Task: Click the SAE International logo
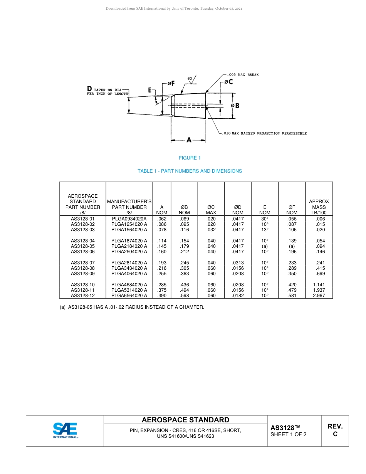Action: (65, 430)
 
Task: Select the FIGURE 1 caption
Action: (190, 158)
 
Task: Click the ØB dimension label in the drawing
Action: (235, 106)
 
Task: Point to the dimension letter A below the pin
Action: (189, 140)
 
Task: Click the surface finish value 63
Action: (190, 78)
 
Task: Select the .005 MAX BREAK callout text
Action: (243, 74)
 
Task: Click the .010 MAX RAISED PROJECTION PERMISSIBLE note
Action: (265, 133)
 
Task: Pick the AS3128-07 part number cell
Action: (83, 263)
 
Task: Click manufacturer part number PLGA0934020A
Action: (129, 219)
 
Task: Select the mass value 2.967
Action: (319, 296)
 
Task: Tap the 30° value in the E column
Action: (265, 219)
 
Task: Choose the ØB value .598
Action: (184, 296)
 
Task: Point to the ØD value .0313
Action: (238, 263)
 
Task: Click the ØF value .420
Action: (292, 285)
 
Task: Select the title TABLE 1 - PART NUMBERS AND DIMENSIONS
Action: (190, 171)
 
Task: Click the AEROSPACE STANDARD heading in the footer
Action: (185, 420)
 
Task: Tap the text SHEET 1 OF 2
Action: (288, 435)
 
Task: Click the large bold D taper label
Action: (89, 90)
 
